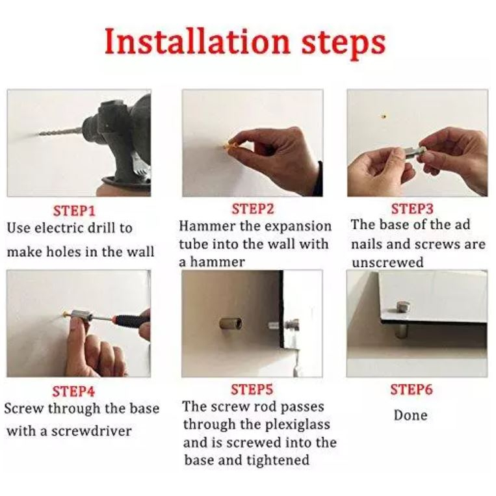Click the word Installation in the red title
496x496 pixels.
198,41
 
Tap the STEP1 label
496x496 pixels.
74,211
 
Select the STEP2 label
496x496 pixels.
253,209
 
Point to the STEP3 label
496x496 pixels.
412,209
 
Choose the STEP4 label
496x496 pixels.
73,391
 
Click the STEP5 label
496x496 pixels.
252,390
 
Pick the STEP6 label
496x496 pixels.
411,390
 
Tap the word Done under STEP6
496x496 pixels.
411,415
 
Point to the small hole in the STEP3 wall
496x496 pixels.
384,116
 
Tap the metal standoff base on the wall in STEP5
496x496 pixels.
231,323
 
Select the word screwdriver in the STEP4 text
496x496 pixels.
91,431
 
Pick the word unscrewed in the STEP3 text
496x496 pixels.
387,263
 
